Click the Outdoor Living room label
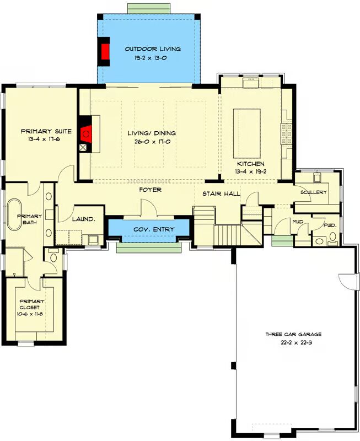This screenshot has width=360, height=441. click(x=153, y=49)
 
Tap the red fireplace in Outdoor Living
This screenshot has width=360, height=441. click(x=105, y=51)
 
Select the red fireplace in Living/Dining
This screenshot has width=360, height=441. click(x=86, y=134)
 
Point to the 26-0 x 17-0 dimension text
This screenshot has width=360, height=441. click(x=152, y=142)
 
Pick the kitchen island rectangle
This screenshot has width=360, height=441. click(x=247, y=133)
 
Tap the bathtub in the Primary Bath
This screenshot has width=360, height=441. click(x=14, y=215)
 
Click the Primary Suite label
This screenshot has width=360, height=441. click(x=46, y=131)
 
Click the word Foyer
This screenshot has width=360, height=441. click(x=151, y=190)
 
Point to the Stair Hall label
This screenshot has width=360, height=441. click(x=221, y=193)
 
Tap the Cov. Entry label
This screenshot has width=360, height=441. click(x=154, y=229)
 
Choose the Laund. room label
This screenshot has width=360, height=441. click(x=83, y=219)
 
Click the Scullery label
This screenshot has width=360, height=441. click(x=314, y=192)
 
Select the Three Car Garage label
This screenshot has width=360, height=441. click(x=293, y=335)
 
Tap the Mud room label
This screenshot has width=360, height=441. click(x=298, y=222)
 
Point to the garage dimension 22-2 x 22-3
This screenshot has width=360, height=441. click(x=293, y=343)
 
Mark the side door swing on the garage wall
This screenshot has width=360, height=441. click(x=348, y=281)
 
